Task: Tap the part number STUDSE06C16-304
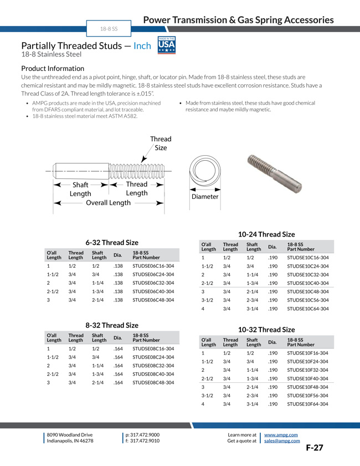[153, 266]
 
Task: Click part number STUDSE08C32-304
[153, 366]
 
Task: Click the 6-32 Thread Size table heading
[112, 243]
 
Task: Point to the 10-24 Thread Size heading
[266, 234]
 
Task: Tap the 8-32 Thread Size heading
[112, 325]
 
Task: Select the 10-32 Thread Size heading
[266, 330]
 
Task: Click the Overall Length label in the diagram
[108, 203]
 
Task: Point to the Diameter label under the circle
[205, 197]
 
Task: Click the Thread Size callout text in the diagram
[161, 144]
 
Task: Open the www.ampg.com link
[281, 435]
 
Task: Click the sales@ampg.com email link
[282, 441]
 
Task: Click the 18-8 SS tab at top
[109, 28]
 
